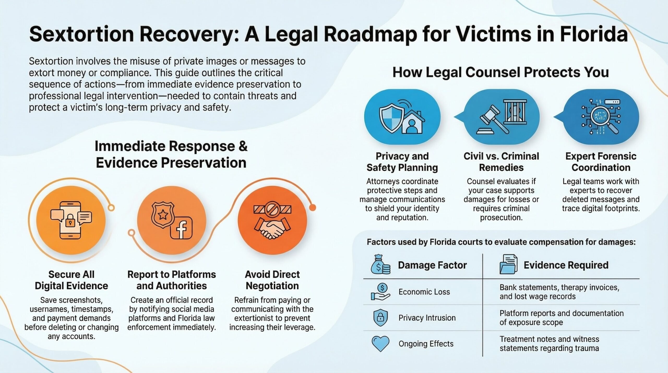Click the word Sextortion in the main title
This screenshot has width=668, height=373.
81,34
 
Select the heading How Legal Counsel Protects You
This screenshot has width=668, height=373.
500,72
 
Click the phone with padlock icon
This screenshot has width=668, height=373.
71,220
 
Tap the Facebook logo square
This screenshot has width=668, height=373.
181,228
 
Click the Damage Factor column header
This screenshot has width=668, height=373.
432,265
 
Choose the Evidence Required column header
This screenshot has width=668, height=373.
566,265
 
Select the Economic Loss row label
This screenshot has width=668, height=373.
424,292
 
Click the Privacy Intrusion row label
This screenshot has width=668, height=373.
427,318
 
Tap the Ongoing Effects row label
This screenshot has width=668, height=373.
426,344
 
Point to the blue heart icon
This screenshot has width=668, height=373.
380,344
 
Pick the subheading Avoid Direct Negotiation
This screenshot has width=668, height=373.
272,280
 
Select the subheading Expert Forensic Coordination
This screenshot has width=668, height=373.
601,162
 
